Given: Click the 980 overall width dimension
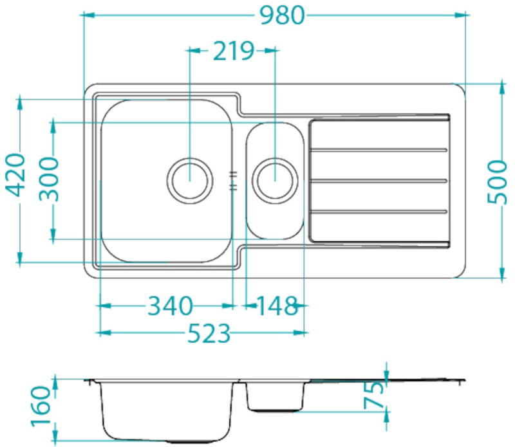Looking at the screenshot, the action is click(283, 15).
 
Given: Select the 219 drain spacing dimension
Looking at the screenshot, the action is click(234, 51).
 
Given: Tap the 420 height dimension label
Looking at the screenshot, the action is click(15, 175).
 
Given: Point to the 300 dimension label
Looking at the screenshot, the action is click(48, 179).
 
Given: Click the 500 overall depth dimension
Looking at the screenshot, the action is click(497, 181).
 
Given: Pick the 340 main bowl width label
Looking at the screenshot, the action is click(170, 306).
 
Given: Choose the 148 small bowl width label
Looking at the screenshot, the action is click(277, 306).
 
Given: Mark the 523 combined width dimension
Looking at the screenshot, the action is click(209, 333).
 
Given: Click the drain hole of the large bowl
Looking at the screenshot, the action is click(190, 181).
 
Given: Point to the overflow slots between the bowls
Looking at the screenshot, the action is click(233, 181).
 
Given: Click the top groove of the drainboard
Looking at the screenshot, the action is click(379, 150).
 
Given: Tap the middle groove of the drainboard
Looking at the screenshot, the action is click(379, 181).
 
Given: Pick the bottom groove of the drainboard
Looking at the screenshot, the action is click(379, 212).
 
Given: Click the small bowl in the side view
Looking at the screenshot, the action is click(276, 396).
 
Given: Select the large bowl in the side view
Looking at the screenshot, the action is click(167, 411).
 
